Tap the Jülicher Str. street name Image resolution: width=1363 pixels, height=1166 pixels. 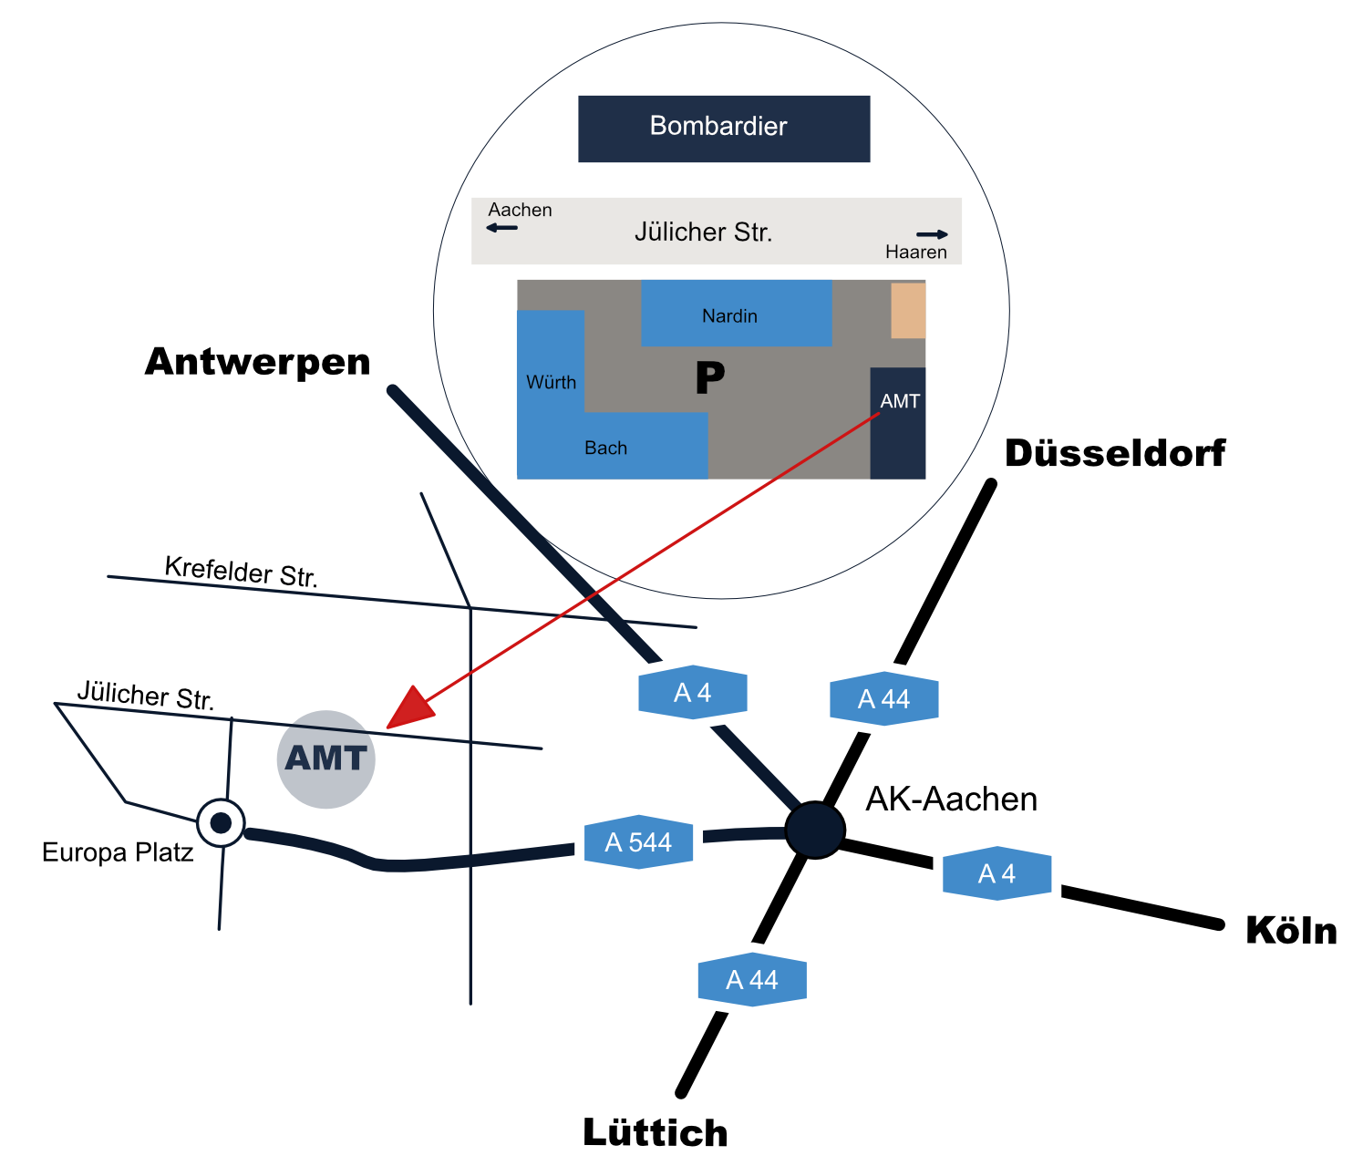click(x=703, y=232)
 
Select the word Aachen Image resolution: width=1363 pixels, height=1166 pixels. click(x=520, y=210)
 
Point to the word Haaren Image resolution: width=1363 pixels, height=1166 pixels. click(x=915, y=252)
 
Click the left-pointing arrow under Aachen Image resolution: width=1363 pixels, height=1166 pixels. click(x=501, y=227)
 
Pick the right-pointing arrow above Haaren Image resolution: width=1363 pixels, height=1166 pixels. click(x=932, y=234)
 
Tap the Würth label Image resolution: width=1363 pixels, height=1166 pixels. click(x=551, y=382)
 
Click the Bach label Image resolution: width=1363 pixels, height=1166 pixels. click(x=605, y=448)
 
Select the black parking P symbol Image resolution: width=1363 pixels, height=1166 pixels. click(x=709, y=377)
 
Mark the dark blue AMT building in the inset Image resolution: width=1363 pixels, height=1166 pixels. click(x=898, y=423)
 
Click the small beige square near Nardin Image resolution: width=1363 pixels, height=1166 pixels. click(x=908, y=310)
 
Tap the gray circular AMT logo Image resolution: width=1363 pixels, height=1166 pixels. click(x=325, y=759)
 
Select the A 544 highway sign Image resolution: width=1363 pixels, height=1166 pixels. click(x=638, y=841)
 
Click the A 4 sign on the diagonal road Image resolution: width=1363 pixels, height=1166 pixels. click(x=693, y=692)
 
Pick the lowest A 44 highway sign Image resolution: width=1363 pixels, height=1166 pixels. click(x=751, y=979)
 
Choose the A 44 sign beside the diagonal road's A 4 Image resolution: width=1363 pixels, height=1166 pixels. click(x=883, y=698)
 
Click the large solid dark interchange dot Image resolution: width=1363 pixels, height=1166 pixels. click(x=814, y=830)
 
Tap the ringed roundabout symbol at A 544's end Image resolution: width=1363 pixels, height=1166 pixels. click(x=221, y=823)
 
